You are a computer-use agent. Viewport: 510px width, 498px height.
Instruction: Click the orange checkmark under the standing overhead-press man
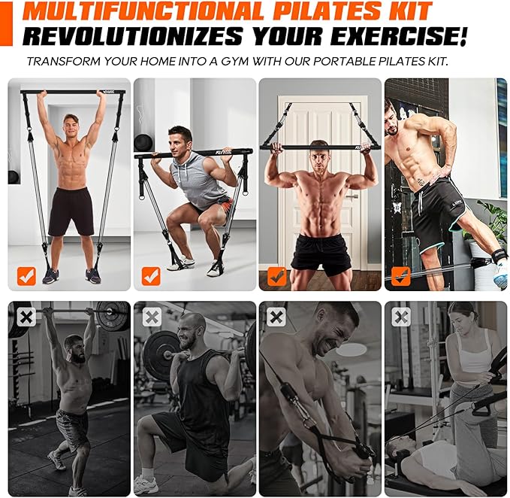tap(27, 276)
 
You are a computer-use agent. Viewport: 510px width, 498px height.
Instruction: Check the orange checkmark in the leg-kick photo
tap(401, 276)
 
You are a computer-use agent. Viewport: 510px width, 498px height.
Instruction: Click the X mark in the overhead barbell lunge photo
tap(26, 317)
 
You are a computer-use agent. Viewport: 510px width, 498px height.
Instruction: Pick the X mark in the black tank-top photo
tap(152, 317)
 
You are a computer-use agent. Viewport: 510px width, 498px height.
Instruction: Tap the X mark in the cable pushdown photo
tap(276, 317)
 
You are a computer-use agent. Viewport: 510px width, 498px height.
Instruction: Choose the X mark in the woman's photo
tap(401, 317)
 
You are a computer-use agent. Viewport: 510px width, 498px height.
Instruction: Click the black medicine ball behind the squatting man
tap(144, 143)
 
